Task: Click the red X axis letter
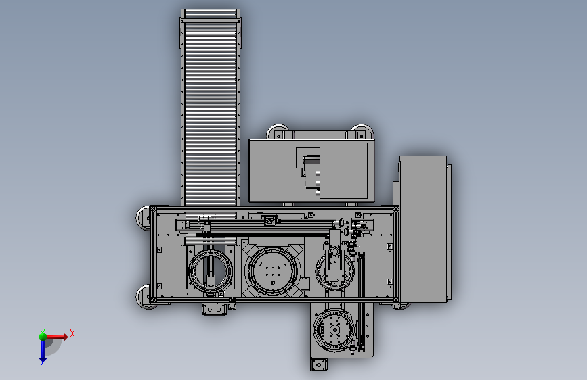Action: coord(72,333)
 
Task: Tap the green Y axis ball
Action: coord(43,336)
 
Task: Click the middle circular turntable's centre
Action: coord(273,271)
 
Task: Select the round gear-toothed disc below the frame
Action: coord(334,330)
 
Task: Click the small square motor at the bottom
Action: coord(319,364)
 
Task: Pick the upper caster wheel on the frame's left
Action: coord(144,218)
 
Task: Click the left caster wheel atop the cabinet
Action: coord(278,131)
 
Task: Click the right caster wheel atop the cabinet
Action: coord(361,131)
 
